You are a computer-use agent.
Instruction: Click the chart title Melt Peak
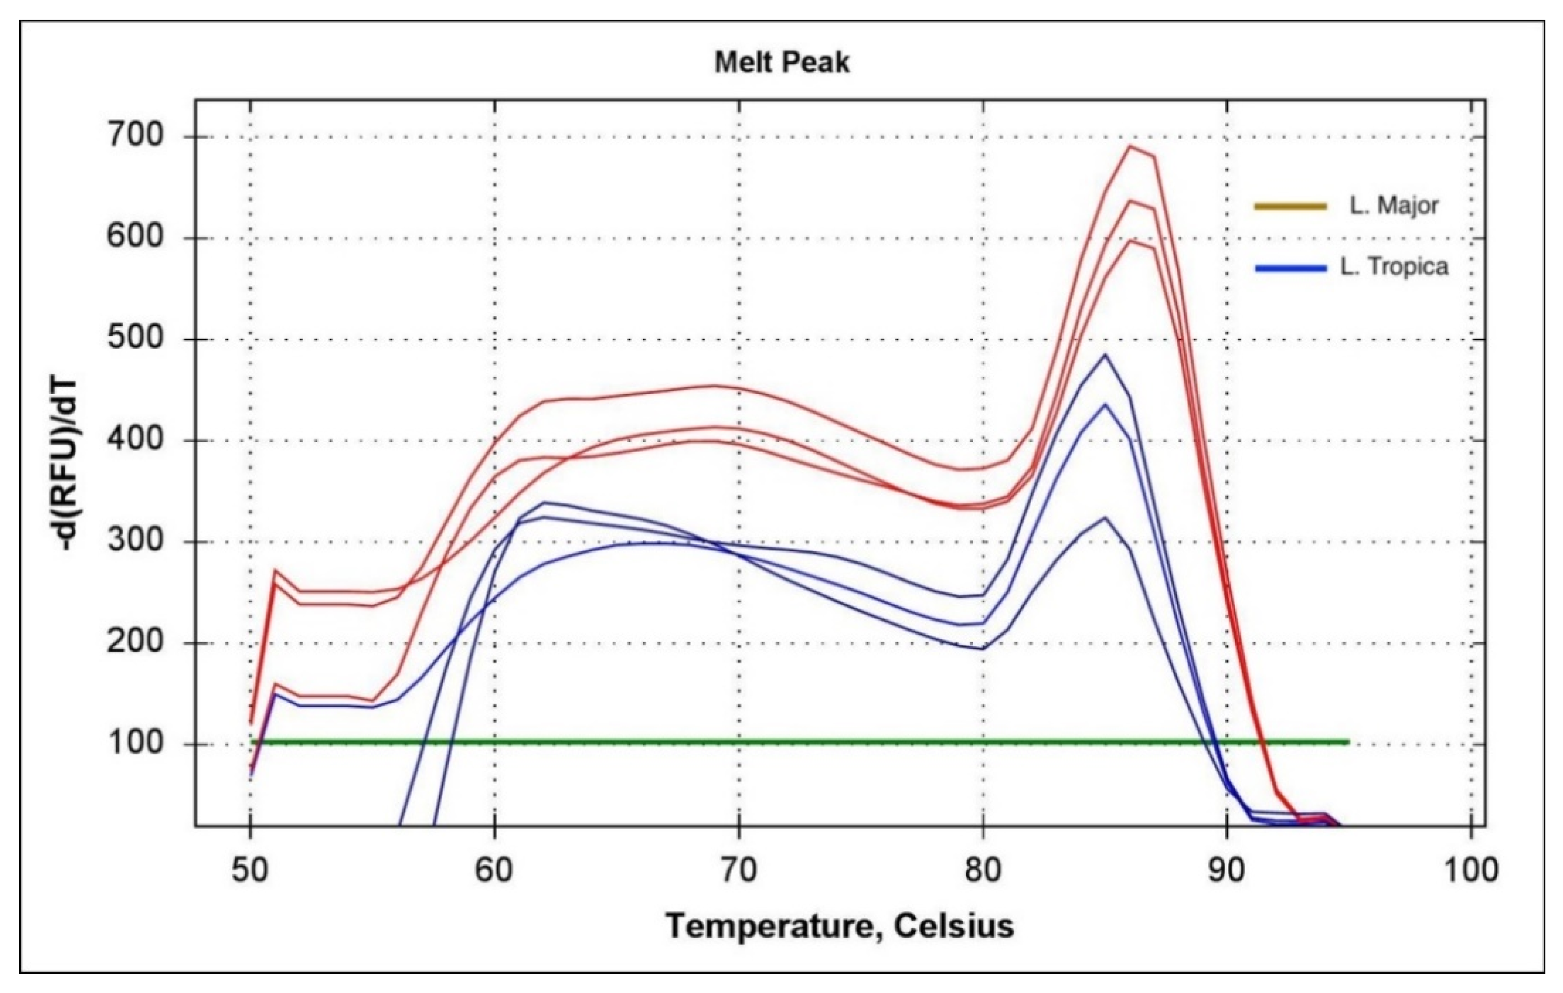781,63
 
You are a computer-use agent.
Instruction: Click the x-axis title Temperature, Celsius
839,926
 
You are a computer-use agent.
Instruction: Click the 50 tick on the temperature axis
251,869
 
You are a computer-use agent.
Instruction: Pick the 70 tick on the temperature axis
738,869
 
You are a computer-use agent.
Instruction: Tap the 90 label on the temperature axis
1227,869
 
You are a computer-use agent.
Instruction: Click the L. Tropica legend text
1394,267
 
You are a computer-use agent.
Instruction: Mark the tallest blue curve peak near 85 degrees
1105,355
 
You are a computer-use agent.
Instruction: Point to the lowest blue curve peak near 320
1105,518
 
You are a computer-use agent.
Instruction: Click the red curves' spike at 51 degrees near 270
275,570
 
